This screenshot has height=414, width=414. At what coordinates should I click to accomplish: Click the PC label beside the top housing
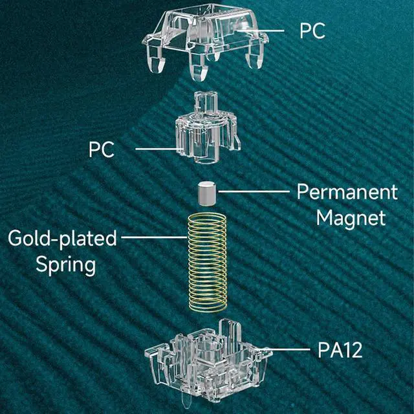[x=312, y=30]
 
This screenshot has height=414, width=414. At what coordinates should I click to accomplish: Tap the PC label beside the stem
[x=102, y=150]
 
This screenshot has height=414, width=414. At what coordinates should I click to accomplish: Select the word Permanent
[x=347, y=192]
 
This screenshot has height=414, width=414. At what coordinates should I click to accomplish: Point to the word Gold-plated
[x=63, y=239]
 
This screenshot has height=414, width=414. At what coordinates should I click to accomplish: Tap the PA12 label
[x=339, y=351]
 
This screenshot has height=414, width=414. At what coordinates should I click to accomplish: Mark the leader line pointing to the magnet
[x=252, y=191]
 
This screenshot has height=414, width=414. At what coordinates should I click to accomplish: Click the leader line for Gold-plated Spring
[x=153, y=237]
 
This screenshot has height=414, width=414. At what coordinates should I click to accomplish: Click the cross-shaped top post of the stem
[x=204, y=103]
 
